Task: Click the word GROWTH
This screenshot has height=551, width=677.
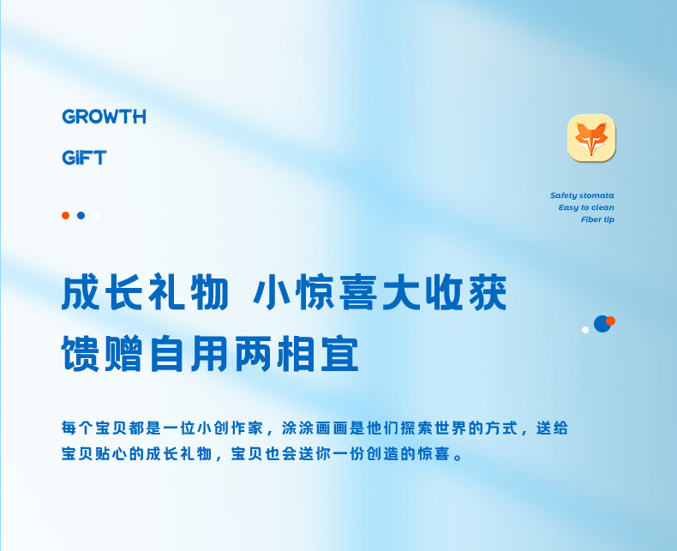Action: (104, 117)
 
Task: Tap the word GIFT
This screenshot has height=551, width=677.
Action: (84, 158)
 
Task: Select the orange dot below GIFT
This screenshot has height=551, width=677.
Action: (66, 215)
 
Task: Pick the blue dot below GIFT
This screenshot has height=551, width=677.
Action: (81, 215)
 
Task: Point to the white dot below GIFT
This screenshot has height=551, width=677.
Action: (96, 215)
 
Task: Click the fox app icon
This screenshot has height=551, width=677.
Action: (591, 138)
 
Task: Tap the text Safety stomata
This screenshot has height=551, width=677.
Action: (582, 195)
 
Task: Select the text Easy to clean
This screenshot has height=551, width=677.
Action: (586, 207)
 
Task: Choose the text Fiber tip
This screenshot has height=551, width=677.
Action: (597, 219)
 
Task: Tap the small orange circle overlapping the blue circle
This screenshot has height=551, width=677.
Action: (610, 320)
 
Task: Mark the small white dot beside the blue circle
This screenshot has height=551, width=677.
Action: (585, 330)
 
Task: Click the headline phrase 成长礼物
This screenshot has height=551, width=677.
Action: (145, 292)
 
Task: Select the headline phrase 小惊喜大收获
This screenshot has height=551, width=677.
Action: (380, 292)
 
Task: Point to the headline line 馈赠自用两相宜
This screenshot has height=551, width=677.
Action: (210, 354)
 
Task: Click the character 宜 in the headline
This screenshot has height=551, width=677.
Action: (340, 354)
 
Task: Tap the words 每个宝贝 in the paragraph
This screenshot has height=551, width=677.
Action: (94, 428)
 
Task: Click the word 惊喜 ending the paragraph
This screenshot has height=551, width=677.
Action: (434, 453)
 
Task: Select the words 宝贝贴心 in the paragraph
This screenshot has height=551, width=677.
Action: (94, 453)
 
